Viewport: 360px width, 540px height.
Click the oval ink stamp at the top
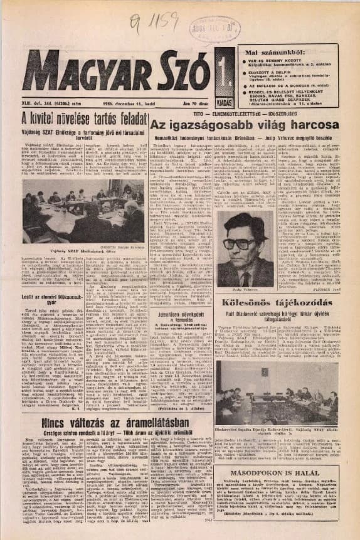201,28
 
